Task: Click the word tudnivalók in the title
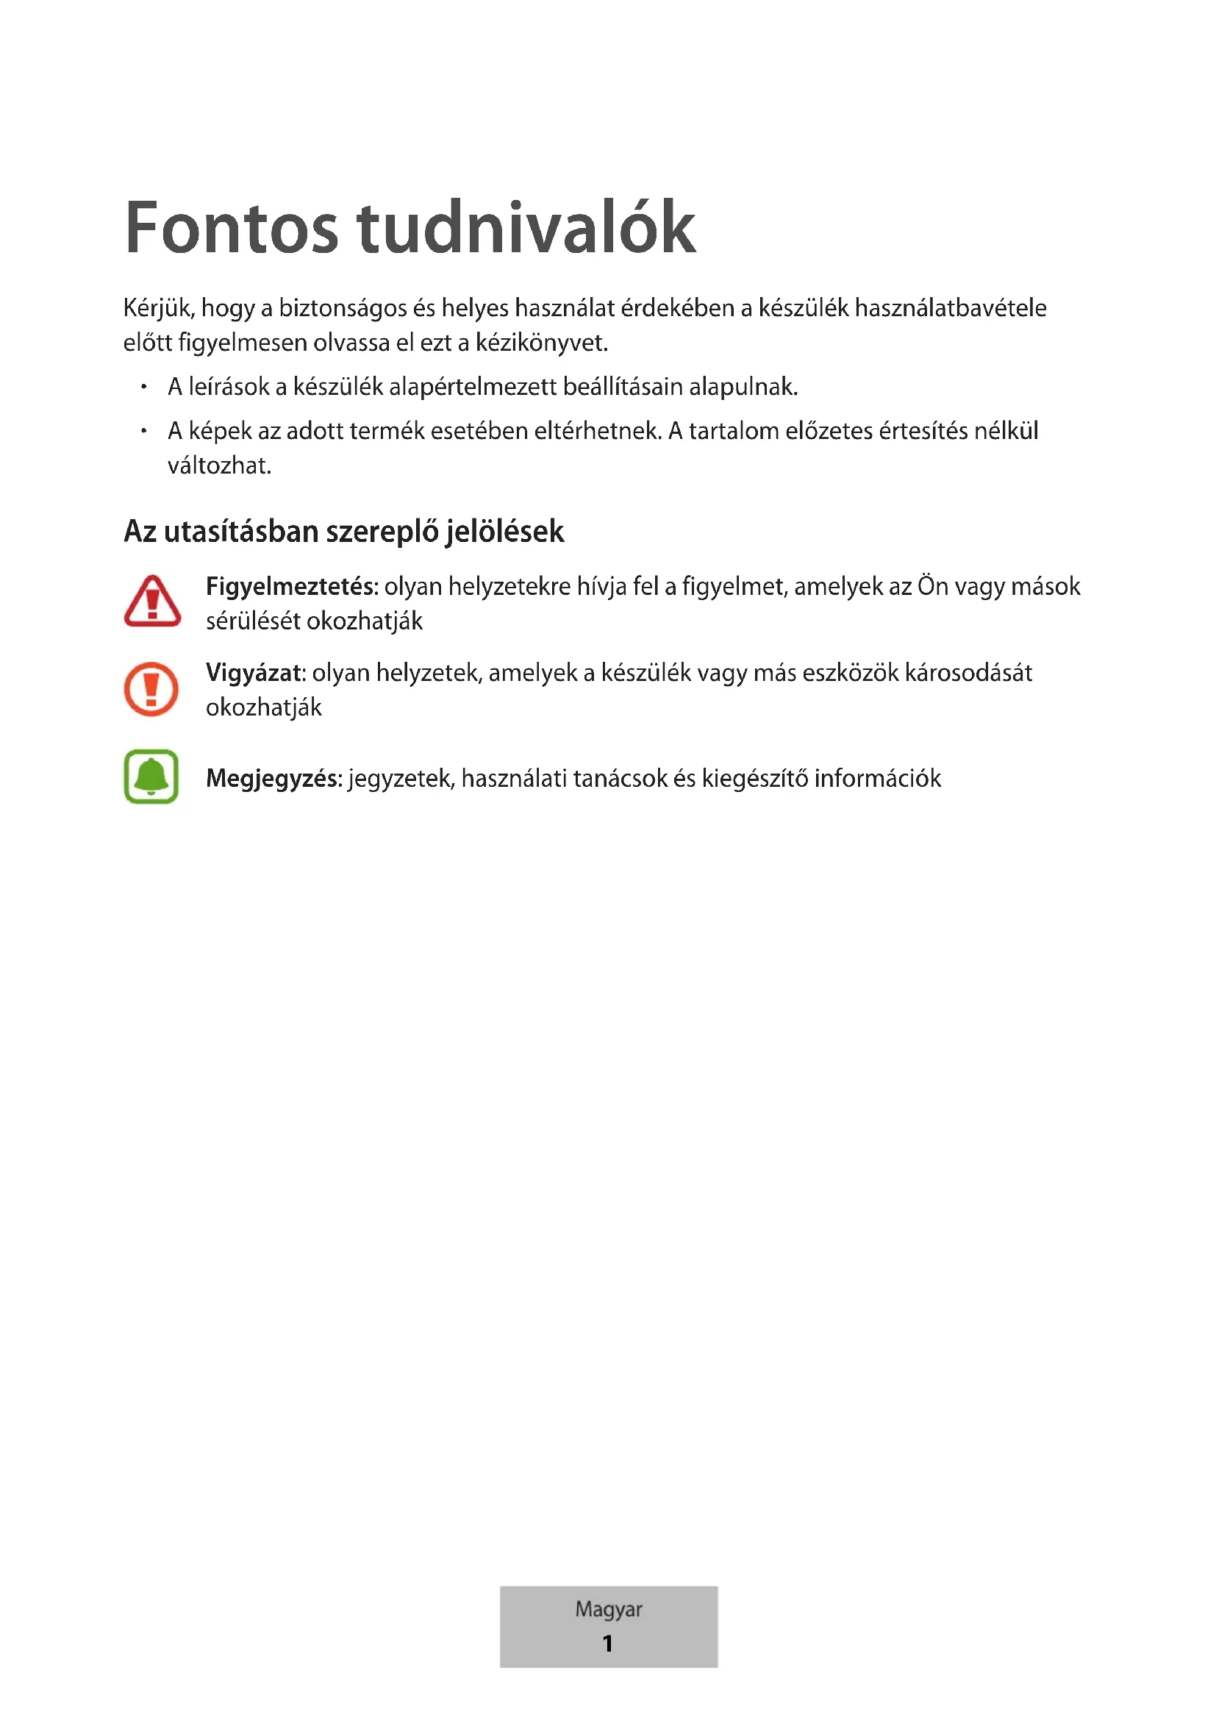pyautogui.click(x=526, y=228)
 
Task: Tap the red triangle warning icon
pyautogui.click(x=152, y=602)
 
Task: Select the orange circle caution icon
pyautogui.click(x=151, y=688)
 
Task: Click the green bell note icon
pyautogui.click(x=151, y=777)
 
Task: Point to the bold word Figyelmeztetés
pyautogui.click(x=290, y=586)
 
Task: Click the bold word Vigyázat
pyautogui.click(x=254, y=673)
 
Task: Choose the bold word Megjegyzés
pyautogui.click(x=273, y=778)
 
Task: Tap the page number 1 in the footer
pyautogui.click(x=607, y=1643)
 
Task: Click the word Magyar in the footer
pyautogui.click(x=608, y=1608)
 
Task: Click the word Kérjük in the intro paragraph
pyautogui.click(x=159, y=308)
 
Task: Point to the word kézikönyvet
pyautogui.click(x=540, y=343)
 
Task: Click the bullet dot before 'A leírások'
pyautogui.click(x=144, y=388)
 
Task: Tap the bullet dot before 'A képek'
pyautogui.click(x=144, y=432)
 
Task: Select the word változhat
pyautogui.click(x=218, y=466)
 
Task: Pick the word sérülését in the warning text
pyautogui.click(x=253, y=621)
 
